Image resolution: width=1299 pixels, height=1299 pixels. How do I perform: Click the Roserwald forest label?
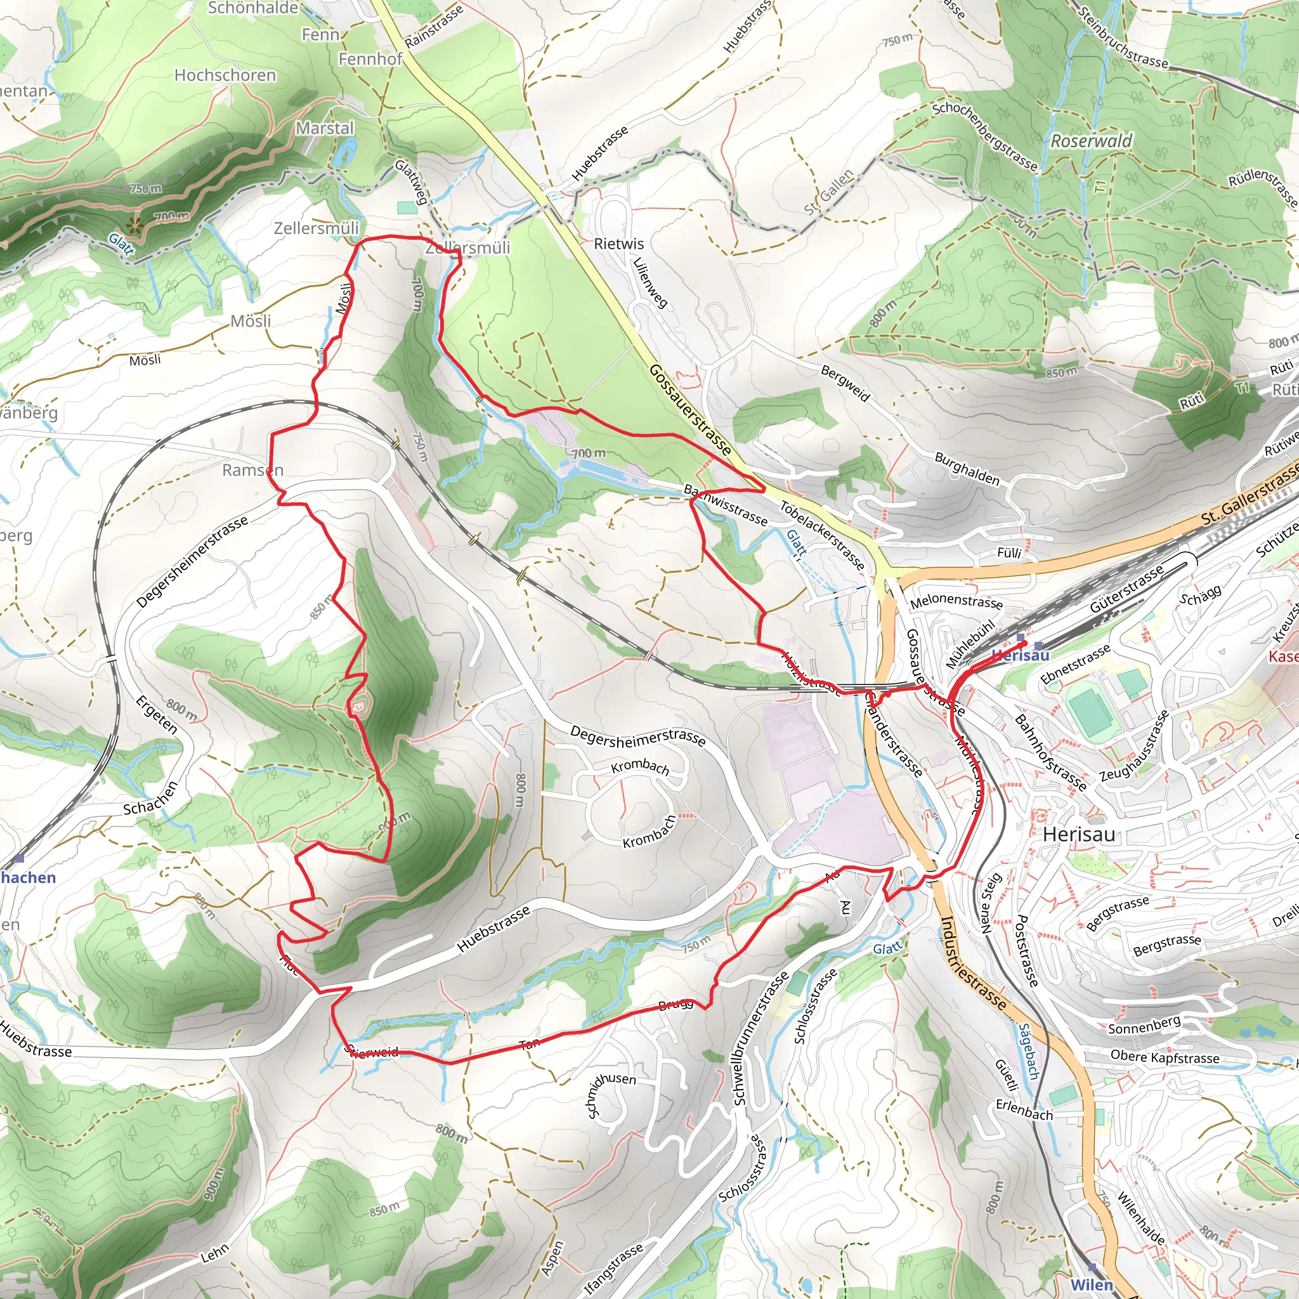(x=1090, y=141)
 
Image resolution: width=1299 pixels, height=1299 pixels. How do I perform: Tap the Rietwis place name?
(x=618, y=244)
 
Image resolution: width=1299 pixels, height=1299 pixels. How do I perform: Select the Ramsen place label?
(x=253, y=470)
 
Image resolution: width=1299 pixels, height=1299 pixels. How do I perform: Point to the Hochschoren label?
(x=225, y=75)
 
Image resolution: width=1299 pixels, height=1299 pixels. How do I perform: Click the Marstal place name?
(x=325, y=127)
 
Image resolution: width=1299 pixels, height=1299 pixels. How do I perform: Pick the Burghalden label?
(x=967, y=469)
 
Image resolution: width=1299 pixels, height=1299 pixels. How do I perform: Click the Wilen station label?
(x=1091, y=1284)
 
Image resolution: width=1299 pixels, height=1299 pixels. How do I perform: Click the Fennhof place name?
(x=370, y=59)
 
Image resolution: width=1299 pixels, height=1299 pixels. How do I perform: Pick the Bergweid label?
(x=845, y=383)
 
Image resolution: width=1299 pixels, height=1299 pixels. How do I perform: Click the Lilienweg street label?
(x=650, y=283)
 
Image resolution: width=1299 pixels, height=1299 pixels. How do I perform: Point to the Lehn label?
(x=215, y=1253)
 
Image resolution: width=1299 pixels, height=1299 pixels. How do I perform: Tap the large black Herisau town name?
(x=1078, y=835)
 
